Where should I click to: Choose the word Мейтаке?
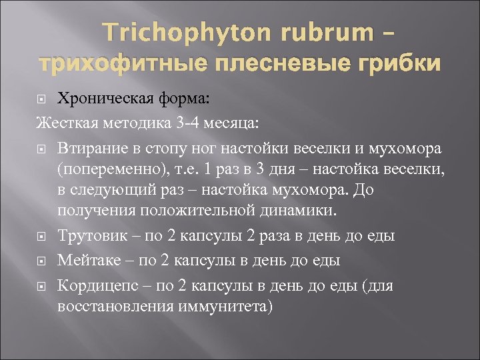[x=85, y=259]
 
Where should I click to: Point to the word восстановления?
[x=115, y=307]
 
